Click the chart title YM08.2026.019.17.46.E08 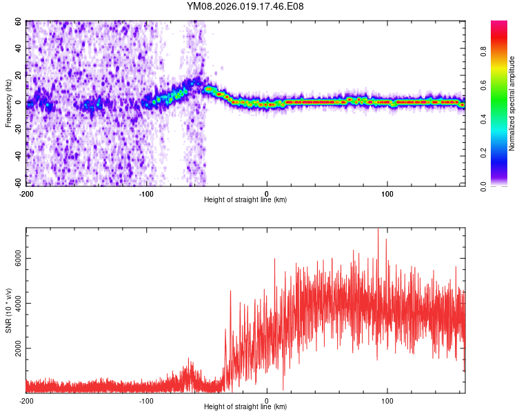coord(245,6)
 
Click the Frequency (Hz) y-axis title coord(8,103)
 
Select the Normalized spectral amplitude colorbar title coord(511,103)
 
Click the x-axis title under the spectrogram coord(245,199)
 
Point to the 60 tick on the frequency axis coord(19,21)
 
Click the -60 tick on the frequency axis coord(17,183)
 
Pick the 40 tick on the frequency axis coord(19,48)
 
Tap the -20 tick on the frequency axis coord(17,129)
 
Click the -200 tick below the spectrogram coord(26,193)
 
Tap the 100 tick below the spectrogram coord(387,193)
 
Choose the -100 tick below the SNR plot coord(146,400)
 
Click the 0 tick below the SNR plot coord(267,400)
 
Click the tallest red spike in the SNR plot coord(378,229)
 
